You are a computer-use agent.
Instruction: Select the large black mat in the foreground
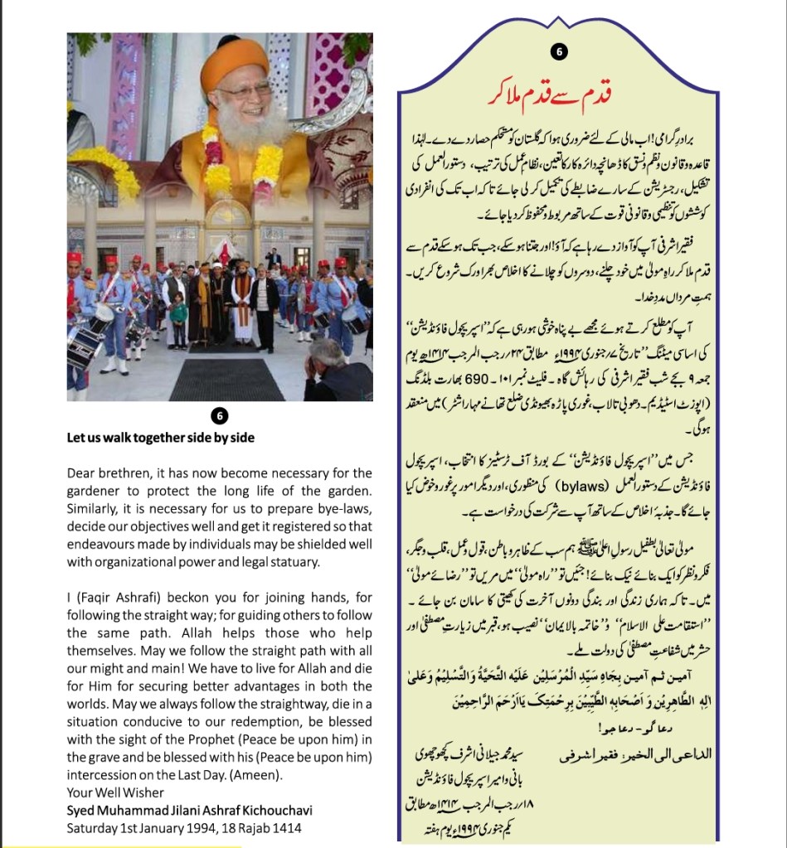[x=226, y=380]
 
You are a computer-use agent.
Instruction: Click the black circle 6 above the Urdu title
[x=559, y=52]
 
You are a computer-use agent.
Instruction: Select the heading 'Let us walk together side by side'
[x=161, y=438]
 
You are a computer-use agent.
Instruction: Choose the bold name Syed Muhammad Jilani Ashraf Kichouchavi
[x=190, y=810]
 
